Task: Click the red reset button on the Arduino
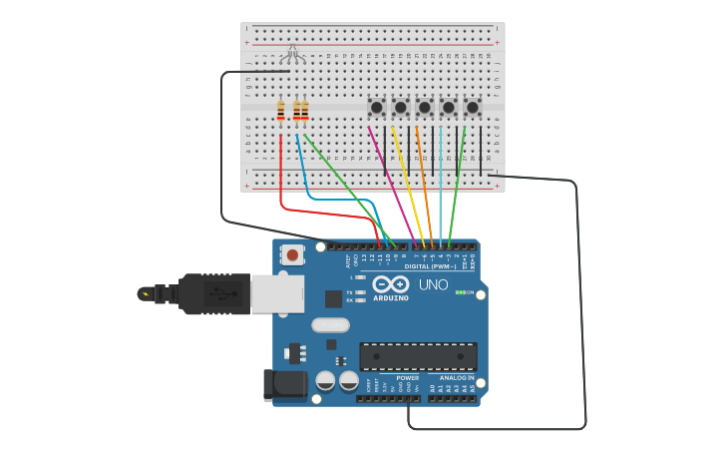click(292, 255)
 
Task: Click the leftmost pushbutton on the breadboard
click(377, 107)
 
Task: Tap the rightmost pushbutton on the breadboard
click(473, 107)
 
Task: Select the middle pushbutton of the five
click(425, 107)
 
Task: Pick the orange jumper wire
click(425, 184)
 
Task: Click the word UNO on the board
click(433, 285)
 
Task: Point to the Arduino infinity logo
click(390, 285)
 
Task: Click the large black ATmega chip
click(418, 356)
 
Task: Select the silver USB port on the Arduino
click(277, 294)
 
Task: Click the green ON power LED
click(459, 292)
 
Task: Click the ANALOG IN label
click(457, 378)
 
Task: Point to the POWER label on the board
click(407, 378)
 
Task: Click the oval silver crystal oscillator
click(330, 324)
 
